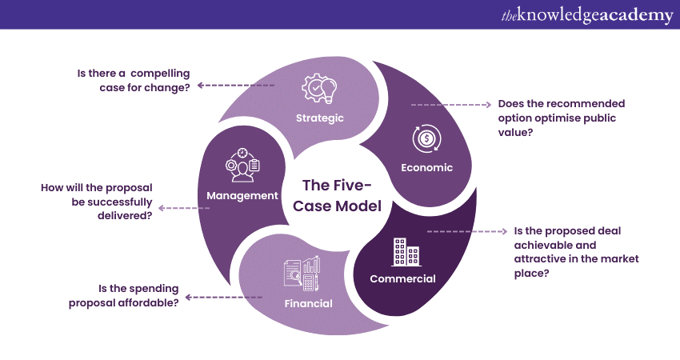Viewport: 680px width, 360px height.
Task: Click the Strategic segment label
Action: [x=319, y=118]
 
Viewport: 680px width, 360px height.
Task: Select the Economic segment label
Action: [x=427, y=168]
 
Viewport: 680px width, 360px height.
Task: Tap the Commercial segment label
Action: [x=402, y=279]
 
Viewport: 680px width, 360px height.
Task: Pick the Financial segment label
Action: [x=308, y=303]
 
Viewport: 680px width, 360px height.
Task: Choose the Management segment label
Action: [x=242, y=195]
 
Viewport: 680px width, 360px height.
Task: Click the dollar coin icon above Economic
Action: [x=426, y=138]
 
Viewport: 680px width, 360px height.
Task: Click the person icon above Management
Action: [x=242, y=164]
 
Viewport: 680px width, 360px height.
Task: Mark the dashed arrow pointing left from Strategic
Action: [x=236, y=85]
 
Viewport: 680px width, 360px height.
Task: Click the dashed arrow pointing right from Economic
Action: [x=451, y=105]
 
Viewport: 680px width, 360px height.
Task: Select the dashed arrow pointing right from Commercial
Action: [x=467, y=231]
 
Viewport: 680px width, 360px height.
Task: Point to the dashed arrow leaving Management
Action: [x=184, y=208]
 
